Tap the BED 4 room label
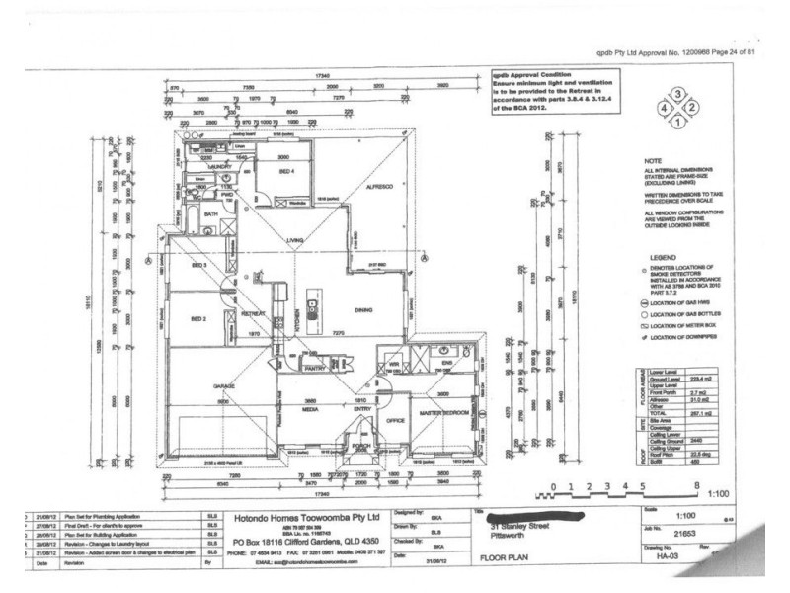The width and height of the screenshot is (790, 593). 287,171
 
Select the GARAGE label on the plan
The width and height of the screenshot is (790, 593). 224,386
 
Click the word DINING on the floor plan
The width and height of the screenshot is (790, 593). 364,309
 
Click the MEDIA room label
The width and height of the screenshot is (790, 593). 308,406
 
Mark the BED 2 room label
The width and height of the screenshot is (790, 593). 197,319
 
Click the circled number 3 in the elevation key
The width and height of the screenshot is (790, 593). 678,92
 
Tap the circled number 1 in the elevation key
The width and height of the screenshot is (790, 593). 678,122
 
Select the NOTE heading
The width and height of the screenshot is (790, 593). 651,160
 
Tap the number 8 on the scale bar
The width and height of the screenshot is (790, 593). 696,486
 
